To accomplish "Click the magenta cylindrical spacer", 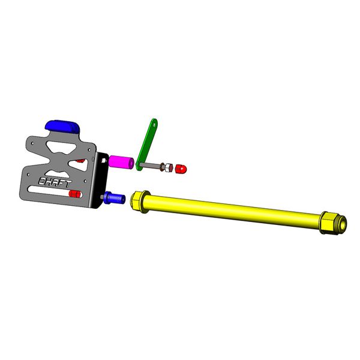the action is (x=121, y=163).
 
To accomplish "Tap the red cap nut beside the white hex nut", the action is (x=181, y=169).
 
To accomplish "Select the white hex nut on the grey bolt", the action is (x=168, y=167).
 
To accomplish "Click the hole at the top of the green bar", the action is (x=155, y=125).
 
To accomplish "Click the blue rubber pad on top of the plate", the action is (x=62, y=127).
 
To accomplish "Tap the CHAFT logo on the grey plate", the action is (x=55, y=182).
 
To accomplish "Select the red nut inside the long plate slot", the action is (x=76, y=194).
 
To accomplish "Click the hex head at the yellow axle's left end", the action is (x=137, y=202).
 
